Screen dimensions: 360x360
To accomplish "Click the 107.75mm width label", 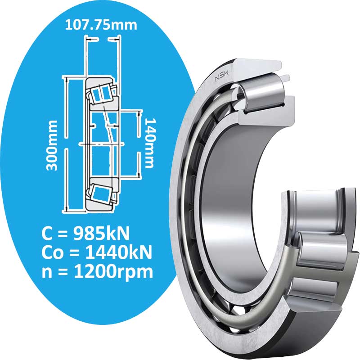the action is [101, 25].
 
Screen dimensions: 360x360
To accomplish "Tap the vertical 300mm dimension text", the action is [51, 145].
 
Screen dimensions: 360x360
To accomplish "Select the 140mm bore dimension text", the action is [150, 143].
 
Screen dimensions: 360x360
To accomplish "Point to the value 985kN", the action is [101, 234].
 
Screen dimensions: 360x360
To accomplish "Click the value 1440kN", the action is [118, 252].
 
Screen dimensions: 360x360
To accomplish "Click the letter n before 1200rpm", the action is [47, 273].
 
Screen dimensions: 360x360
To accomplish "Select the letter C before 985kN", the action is [47, 234].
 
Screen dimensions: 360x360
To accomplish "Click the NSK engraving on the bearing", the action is [222, 76].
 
